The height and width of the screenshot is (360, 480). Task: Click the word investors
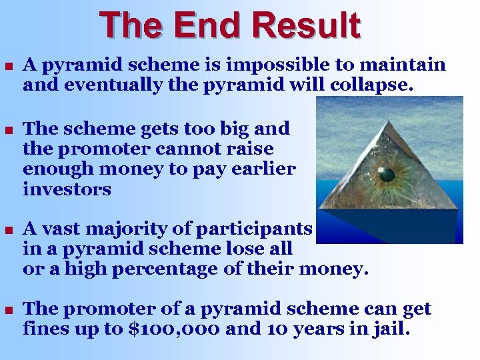click(67, 189)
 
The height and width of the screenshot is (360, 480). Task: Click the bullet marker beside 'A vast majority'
click(8, 230)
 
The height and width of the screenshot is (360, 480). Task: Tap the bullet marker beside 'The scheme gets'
click(8, 129)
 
